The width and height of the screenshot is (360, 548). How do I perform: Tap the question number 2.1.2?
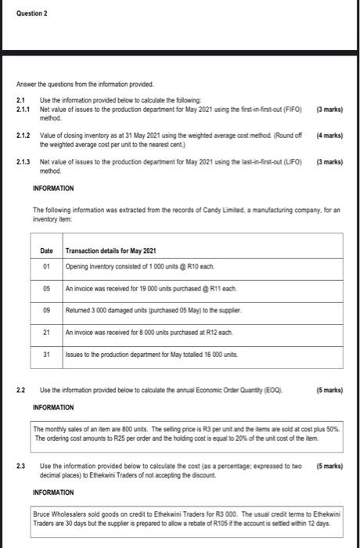pyautogui.click(x=23, y=135)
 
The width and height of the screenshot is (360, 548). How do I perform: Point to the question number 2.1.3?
pyautogui.click(x=23, y=162)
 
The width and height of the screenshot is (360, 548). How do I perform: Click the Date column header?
pyautogui.click(x=48, y=250)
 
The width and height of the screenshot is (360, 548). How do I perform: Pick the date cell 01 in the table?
pyautogui.click(x=47, y=266)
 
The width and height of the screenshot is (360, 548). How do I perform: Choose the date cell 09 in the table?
pyautogui.click(x=47, y=310)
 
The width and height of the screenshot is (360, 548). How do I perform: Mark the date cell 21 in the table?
pyautogui.click(x=47, y=332)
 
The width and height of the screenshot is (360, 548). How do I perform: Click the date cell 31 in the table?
pyautogui.click(x=47, y=354)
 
